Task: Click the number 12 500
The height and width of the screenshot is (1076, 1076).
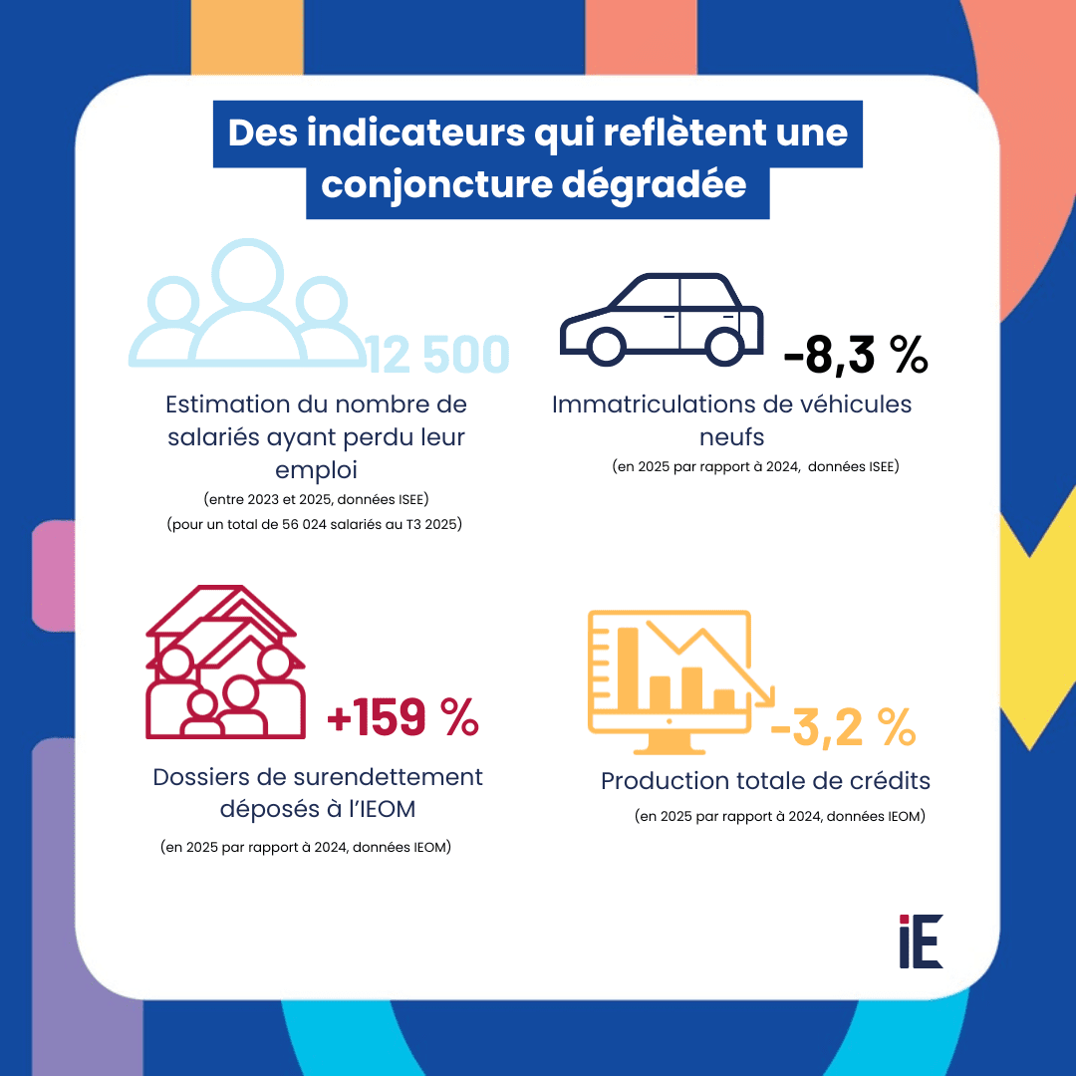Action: pos(438,356)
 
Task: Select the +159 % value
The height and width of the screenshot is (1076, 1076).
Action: pos(403,718)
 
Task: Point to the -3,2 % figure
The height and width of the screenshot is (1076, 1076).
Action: pos(843,730)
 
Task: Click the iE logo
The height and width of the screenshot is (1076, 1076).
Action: pos(920,941)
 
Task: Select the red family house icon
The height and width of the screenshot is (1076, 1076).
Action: pos(224,662)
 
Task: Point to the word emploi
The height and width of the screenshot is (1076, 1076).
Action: pos(316,468)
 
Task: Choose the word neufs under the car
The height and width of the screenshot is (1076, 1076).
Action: pos(731,437)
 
